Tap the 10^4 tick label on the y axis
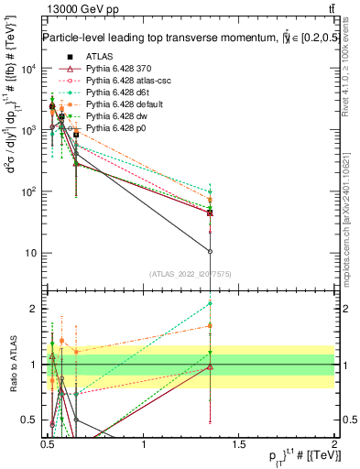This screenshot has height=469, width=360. click(x=29, y=70)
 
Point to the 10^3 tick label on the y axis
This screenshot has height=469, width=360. click(x=29, y=131)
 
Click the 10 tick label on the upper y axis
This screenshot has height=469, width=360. click(x=31, y=253)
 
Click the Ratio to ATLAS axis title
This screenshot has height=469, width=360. click(x=12, y=365)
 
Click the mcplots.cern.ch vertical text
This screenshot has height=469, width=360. click(x=347, y=229)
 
